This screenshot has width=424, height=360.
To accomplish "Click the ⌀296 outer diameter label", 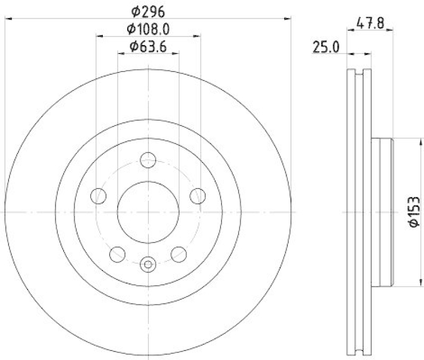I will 148,10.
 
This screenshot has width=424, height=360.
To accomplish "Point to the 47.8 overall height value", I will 370,24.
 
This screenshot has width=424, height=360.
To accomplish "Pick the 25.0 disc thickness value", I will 325,48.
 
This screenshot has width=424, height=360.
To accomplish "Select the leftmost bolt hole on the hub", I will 98,195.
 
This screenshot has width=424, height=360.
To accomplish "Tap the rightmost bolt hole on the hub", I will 198,195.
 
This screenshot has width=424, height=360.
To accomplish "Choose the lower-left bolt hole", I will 117,254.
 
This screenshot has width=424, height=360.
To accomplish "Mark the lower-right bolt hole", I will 179,254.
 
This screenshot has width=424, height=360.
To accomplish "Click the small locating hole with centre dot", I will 148,264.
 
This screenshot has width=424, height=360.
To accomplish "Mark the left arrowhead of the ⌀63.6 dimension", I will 120,53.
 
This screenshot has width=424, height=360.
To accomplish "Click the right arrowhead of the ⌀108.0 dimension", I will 198,36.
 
